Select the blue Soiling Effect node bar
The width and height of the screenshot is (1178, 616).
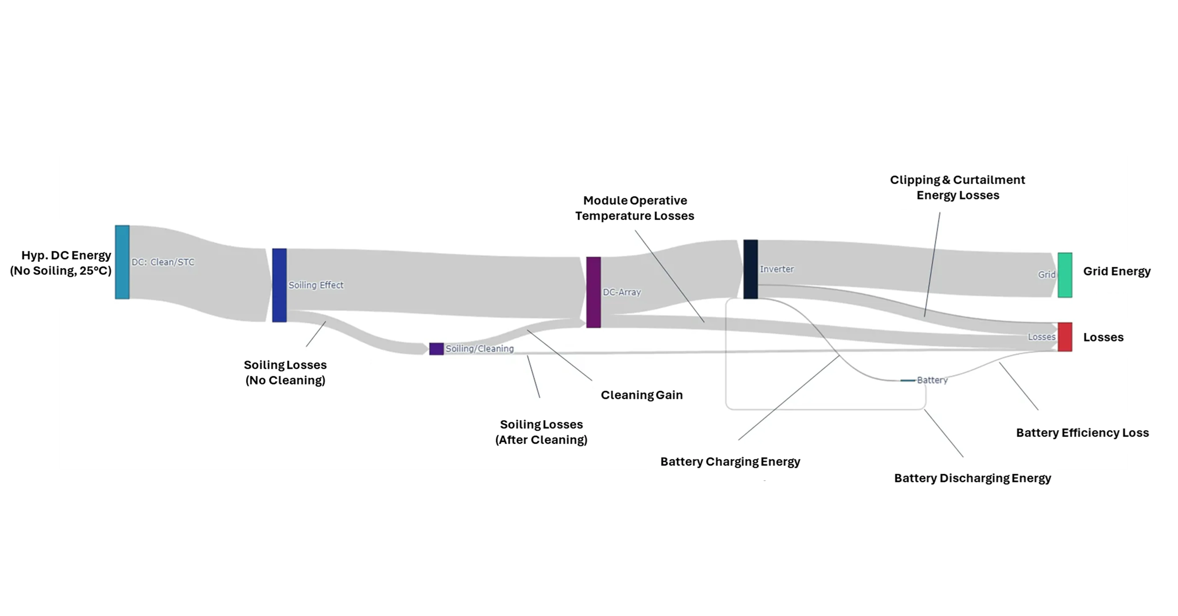point(279,285)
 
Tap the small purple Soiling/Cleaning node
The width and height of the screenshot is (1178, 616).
point(436,349)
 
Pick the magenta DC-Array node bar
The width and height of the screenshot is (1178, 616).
point(593,292)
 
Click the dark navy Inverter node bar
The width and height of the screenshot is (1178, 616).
point(750,269)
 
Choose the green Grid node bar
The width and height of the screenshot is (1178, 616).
point(1065,275)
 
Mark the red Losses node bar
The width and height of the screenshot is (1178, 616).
point(1065,337)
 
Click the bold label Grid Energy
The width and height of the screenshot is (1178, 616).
point(1116,271)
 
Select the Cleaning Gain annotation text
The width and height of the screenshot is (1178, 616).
point(641,395)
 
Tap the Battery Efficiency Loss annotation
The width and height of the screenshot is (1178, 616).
point(1082,433)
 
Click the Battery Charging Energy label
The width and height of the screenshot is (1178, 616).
point(730,462)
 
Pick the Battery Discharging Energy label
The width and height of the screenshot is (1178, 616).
point(972,478)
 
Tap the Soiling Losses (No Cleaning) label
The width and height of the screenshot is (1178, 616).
point(285,372)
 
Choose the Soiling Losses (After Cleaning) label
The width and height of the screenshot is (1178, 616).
point(541,432)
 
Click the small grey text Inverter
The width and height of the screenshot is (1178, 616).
point(776,269)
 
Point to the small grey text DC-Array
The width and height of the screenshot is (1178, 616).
point(621,292)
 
